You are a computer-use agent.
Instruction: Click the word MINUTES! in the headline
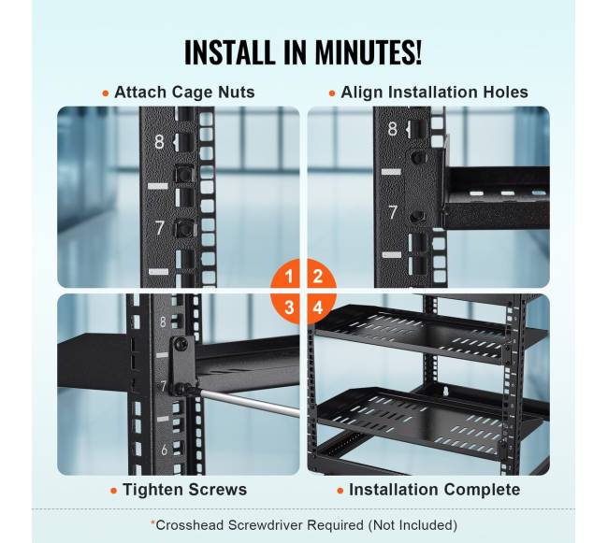(368, 52)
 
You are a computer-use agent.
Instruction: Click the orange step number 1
(289, 277)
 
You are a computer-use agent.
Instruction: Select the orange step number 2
(318, 277)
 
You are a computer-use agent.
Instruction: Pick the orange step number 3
(289, 307)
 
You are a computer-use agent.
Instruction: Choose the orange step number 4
(318, 307)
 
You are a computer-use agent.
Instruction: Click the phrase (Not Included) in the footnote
(413, 525)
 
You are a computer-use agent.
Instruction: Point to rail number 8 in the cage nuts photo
(159, 142)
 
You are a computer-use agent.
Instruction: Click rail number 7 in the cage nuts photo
(160, 228)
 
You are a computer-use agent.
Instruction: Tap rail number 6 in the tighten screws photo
(164, 450)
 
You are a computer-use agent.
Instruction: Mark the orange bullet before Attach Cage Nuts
(106, 93)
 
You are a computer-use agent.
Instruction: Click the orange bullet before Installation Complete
(340, 491)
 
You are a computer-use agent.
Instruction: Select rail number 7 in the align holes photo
(393, 212)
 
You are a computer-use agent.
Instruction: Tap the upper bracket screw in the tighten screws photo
(181, 344)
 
